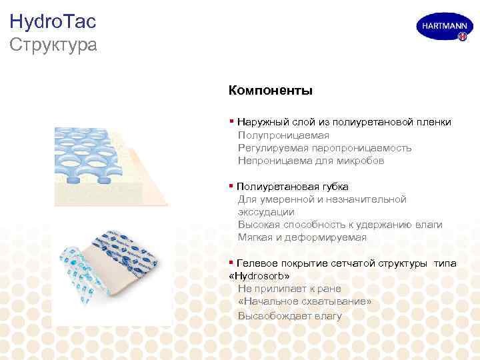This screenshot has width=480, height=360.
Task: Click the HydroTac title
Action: click(x=53, y=21)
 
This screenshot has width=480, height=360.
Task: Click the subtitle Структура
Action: click(x=53, y=45)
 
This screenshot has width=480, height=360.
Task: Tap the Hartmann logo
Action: click(x=441, y=28)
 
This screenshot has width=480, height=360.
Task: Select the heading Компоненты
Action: click(x=270, y=90)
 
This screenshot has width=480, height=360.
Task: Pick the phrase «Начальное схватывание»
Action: click(x=304, y=301)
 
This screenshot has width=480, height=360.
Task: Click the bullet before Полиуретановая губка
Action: click(x=231, y=186)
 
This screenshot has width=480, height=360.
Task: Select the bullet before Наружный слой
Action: click(x=231, y=122)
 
